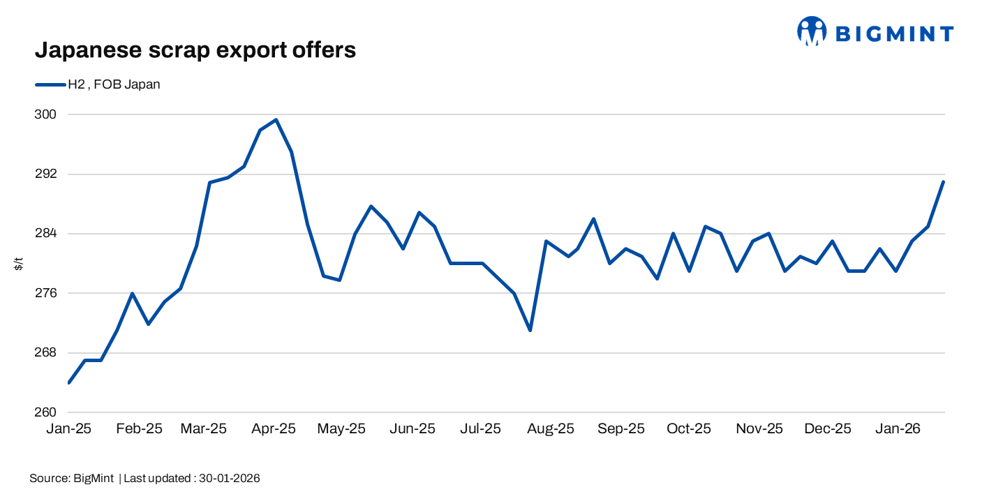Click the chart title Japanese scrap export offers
(195, 50)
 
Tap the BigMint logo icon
(812, 31)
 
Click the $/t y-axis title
(19, 264)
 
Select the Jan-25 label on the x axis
(69, 428)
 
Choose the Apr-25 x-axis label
(274, 428)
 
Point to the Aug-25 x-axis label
(551, 428)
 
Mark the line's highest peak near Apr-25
(276, 120)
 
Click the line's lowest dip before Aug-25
(530, 330)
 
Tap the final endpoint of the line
(944, 182)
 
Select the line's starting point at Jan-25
(69, 382)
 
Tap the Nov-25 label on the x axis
(759, 428)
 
